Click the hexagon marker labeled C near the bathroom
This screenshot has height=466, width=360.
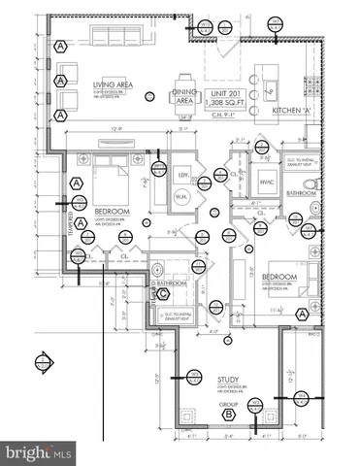pyautogui.click(x=164, y=294)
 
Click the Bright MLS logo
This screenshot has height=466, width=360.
pyautogui.click(x=39, y=452)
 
